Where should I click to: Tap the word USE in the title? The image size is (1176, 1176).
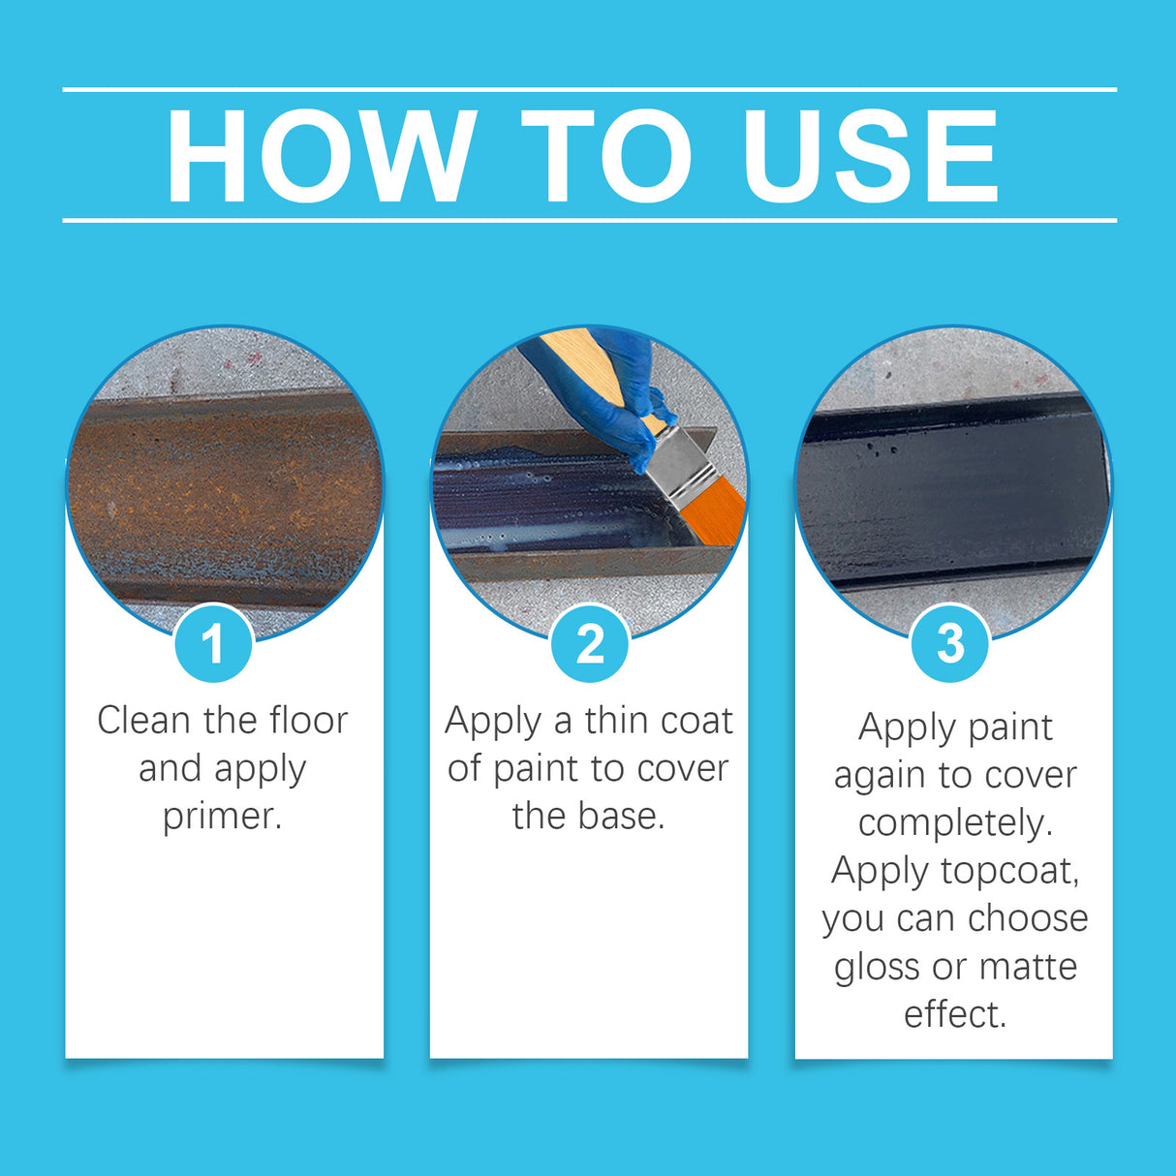pos(870,157)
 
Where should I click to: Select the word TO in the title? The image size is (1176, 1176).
pos(606,157)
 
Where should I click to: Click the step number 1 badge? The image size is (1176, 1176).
pos(213,643)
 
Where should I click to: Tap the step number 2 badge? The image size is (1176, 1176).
pos(589,643)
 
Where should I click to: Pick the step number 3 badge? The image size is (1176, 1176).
pos(950,643)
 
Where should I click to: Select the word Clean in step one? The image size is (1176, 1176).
pos(143,720)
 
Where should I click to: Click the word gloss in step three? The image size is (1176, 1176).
pos(877,968)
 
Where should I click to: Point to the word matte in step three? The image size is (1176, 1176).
pos(1028,967)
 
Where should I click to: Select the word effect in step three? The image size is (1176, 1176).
pos(954,1014)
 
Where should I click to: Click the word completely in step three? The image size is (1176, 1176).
pos(954,823)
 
